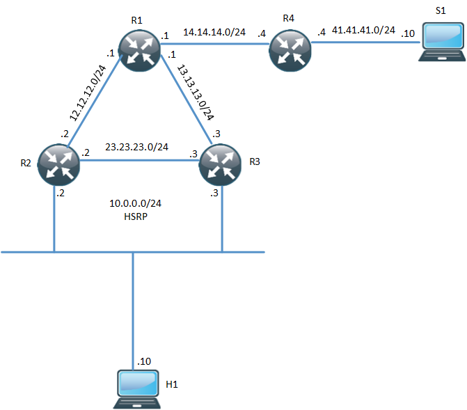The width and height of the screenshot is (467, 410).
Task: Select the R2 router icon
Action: tap(58, 163)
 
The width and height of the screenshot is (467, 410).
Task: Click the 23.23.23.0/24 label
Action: tap(137, 147)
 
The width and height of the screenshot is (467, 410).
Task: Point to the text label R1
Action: tap(136, 20)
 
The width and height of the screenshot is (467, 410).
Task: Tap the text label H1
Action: tap(172, 384)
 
